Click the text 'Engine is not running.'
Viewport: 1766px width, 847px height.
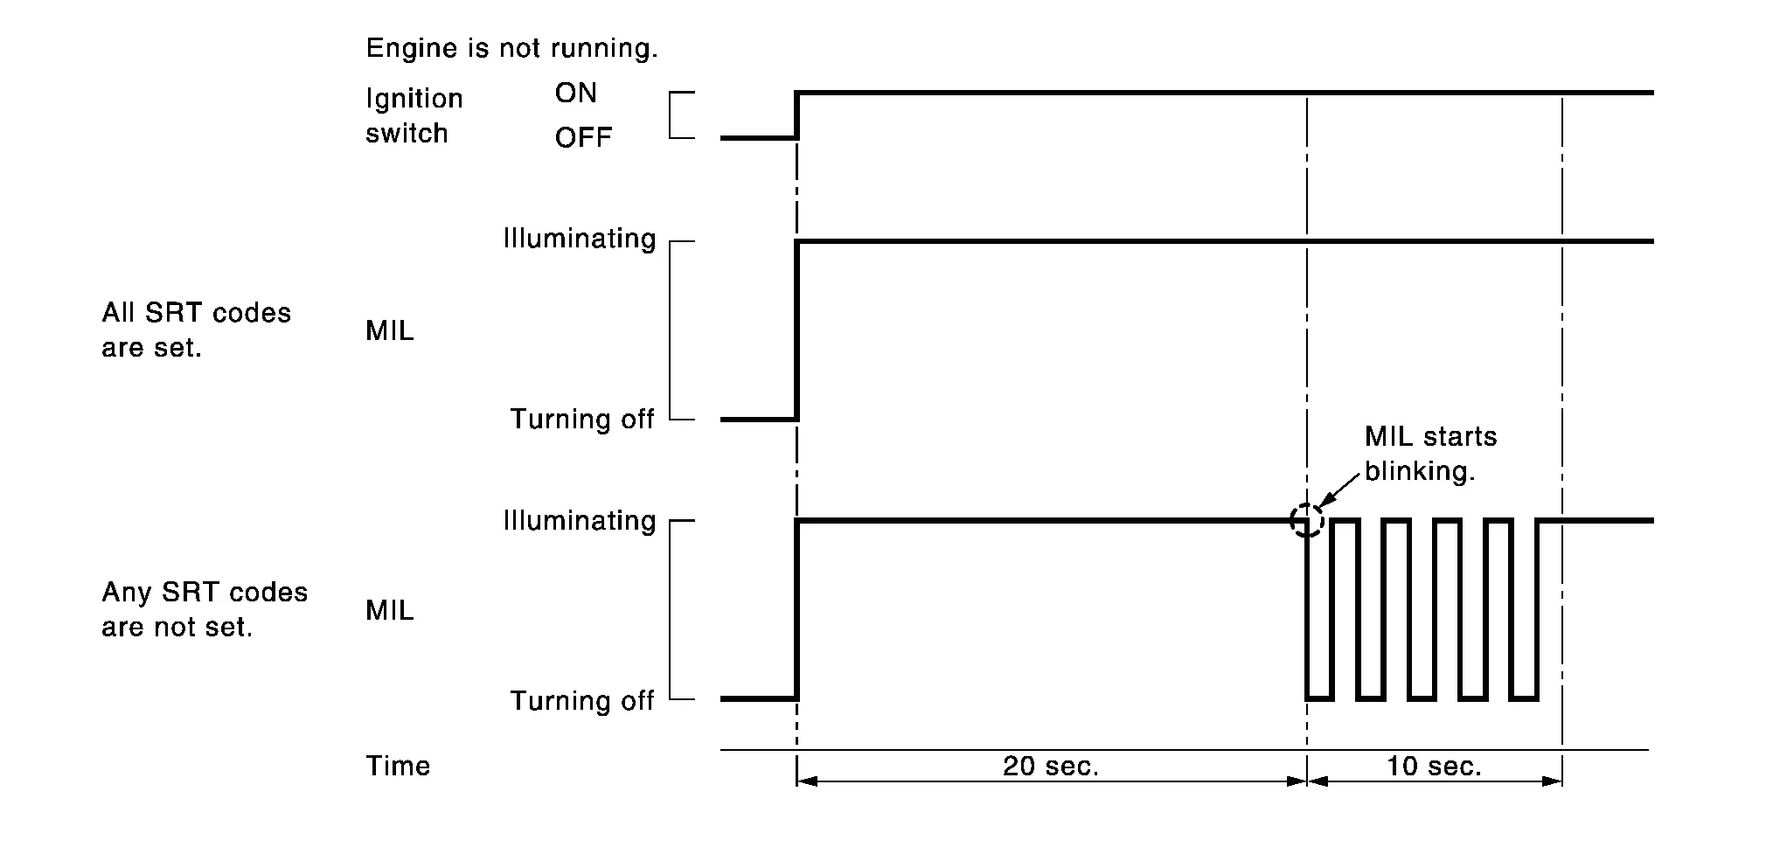(x=511, y=49)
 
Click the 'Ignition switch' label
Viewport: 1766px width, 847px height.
(x=414, y=116)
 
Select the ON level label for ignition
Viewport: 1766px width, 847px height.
(x=575, y=94)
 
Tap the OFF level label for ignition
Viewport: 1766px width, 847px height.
(x=583, y=138)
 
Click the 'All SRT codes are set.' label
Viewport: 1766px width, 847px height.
(x=196, y=330)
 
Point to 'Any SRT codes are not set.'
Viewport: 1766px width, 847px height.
(x=205, y=610)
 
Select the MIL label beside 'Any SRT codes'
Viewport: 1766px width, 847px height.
(x=390, y=611)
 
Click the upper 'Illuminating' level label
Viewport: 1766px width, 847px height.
(x=579, y=240)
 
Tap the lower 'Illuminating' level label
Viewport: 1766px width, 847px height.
(x=579, y=522)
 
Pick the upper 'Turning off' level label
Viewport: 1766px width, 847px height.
(x=582, y=420)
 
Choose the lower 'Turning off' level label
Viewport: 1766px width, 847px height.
(x=582, y=702)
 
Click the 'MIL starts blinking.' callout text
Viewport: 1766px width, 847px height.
(x=1430, y=455)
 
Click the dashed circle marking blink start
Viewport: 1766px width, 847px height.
(x=1307, y=521)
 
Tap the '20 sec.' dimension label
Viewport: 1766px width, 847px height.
(x=1050, y=767)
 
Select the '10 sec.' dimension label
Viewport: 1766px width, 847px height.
(x=1434, y=767)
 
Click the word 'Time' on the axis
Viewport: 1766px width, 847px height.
(x=398, y=767)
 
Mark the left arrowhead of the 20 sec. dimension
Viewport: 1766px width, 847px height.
(x=806, y=781)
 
